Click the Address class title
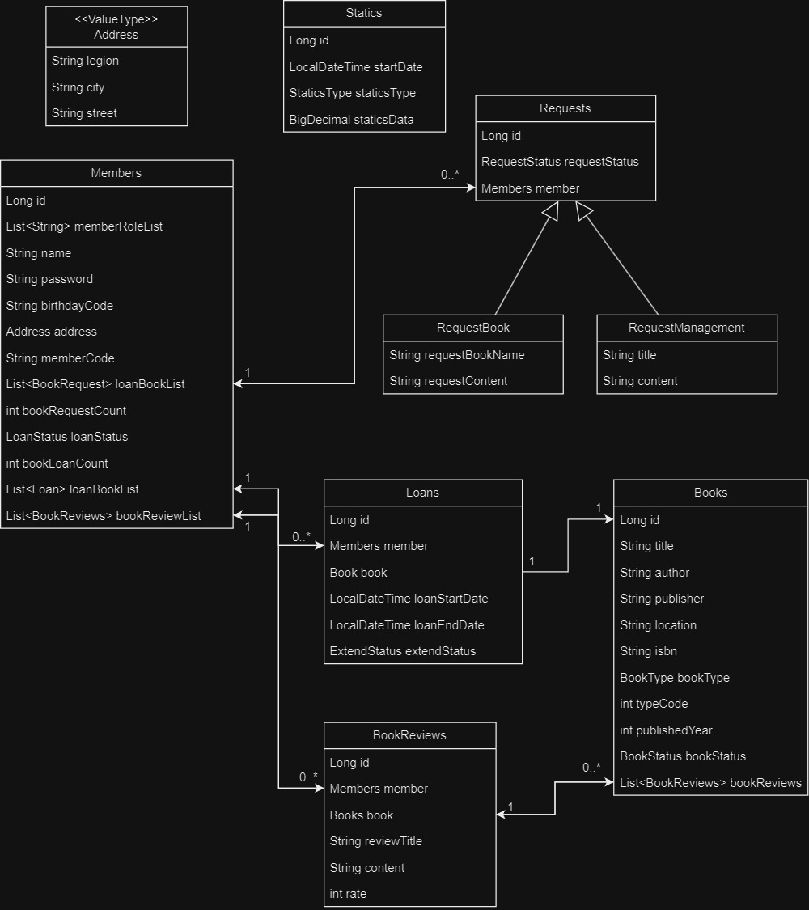(116, 28)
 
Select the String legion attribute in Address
(85, 61)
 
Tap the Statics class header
(364, 13)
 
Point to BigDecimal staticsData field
(351, 120)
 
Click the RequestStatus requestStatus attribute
(560, 162)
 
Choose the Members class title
(116, 173)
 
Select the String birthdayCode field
(60, 306)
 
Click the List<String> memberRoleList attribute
(84, 226)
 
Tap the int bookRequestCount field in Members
(66, 411)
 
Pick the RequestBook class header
(473, 328)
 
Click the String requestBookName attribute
(457, 355)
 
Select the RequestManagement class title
(687, 328)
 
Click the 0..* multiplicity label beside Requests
(450, 175)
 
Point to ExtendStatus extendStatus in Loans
(403, 651)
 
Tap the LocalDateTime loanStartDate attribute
(409, 599)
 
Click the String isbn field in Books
(649, 651)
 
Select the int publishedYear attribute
(666, 730)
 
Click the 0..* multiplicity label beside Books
(591, 768)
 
